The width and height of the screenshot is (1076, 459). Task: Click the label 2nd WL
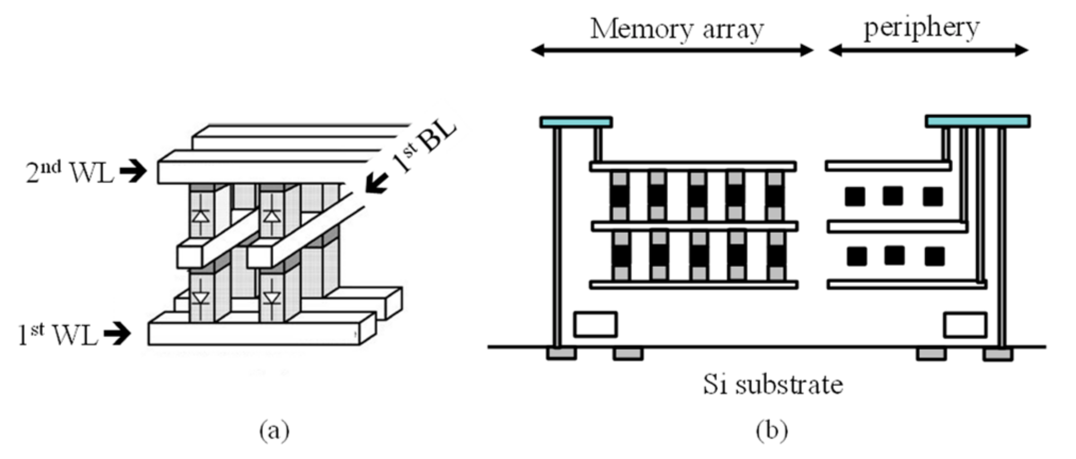coord(70,172)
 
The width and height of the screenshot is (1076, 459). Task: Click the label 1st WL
coord(58,335)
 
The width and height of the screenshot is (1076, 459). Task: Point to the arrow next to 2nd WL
coord(133,171)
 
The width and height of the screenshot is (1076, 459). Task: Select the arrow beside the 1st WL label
coord(117,334)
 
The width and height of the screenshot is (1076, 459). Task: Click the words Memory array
coord(676,29)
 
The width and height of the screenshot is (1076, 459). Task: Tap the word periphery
coord(921,28)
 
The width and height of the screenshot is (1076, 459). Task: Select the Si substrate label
coord(773,384)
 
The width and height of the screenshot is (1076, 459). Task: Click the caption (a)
coord(274,430)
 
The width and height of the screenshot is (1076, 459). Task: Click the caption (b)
coord(771,430)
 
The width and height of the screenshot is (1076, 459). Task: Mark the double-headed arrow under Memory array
coord(672,50)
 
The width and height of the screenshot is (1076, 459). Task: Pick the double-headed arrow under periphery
coord(928,50)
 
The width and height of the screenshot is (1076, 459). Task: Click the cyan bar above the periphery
coord(977,121)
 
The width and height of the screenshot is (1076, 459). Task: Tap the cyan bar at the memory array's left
coord(576,122)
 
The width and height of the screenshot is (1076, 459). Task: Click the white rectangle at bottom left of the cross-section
coord(595,324)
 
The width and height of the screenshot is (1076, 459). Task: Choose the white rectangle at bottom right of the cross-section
coord(965,325)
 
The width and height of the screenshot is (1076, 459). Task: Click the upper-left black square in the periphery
coord(854,197)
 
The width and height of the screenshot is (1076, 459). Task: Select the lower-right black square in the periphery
coord(934,257)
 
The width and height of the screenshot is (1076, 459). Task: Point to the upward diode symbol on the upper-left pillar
coord(200,215)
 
